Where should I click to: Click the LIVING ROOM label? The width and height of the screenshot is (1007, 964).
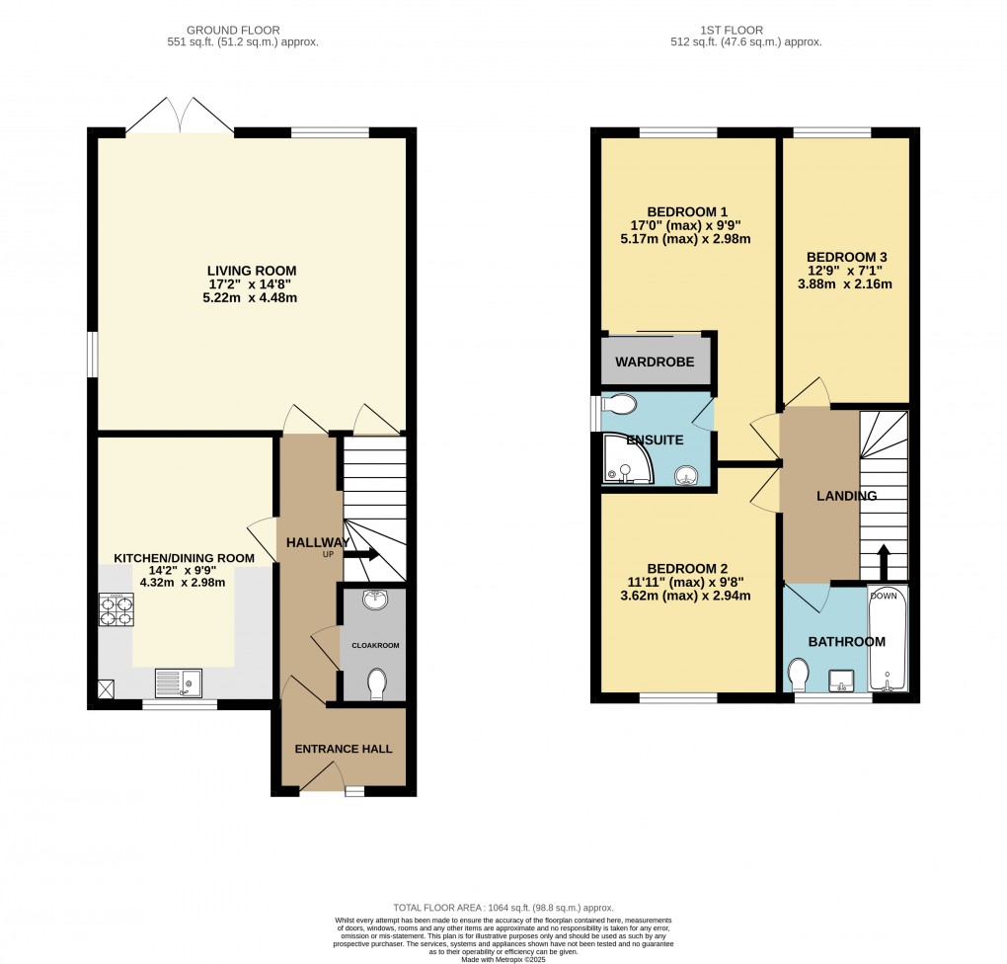point(251,271)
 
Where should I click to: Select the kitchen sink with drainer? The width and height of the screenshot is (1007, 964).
point(179,682)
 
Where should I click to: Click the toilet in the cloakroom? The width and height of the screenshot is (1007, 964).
point(376,683)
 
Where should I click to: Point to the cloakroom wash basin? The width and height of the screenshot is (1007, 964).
point(374,601)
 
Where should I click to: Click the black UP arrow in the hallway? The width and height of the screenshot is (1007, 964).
point(361,555)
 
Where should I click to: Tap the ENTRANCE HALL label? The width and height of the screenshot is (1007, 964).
point(337,749)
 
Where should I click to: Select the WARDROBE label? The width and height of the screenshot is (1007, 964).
point(655,362)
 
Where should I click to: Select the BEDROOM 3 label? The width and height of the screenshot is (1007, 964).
point(844,252)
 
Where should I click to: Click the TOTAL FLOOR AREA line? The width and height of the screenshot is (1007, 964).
point(503,908)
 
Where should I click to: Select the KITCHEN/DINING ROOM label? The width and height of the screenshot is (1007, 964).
point(184,558)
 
